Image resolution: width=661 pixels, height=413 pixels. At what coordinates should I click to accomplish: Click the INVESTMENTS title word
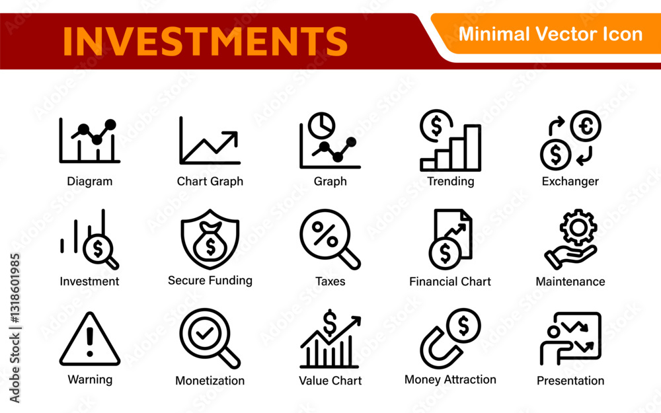pyautogui.click(x=205, y=41)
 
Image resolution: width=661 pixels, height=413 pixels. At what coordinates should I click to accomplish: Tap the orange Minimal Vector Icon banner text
pyautogui.click(x=550, y=34)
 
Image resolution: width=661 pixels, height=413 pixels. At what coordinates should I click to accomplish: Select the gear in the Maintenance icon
pyautogui.click(x=578, y=227)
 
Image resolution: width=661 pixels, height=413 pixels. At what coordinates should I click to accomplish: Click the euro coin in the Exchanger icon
pyautogui.click(x=586, y=126)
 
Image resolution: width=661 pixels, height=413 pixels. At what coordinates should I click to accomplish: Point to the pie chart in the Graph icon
pyautogui.click(x=322, y=125)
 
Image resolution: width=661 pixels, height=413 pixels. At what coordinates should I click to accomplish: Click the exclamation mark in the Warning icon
pyautogui.click(x=90, y=342)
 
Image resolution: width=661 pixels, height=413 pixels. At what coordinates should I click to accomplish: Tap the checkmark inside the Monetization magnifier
pyautogui.click(x=204, y=333)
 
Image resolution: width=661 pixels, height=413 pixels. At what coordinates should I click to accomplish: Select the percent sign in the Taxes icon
pyautogui.click(x=325, y=235)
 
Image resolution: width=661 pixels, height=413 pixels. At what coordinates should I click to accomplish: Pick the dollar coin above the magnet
pyautogui.click(x=464, y=326)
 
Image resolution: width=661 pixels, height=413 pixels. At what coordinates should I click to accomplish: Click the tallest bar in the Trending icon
pyautogui.click(x=473, y=147)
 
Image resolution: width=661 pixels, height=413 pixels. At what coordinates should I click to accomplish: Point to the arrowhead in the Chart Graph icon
pyautogui.click(x=231, y=138)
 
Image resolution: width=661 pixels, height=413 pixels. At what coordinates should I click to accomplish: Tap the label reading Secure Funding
pyautogui.click(x=210, y=281)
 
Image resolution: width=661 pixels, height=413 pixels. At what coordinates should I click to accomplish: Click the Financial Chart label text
pyautogui.click(x=450, y=282)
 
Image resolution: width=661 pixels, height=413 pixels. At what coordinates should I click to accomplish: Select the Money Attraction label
pyautogui.click(x=450, y=380)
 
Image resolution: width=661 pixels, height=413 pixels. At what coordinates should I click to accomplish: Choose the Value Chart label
pyautogui.click(x=330, y=381)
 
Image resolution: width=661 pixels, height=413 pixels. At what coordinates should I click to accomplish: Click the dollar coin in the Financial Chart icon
pyautogui.click(x=445, y=253)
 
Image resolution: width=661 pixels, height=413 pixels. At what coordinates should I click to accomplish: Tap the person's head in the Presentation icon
pyautogui.click(x=554, y=332)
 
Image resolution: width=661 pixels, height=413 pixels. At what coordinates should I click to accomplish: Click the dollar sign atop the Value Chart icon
pyautogui.click(x=330, y=322)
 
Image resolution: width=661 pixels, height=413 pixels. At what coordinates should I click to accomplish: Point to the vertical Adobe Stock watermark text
pyautogui.click(x=15, y=328)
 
